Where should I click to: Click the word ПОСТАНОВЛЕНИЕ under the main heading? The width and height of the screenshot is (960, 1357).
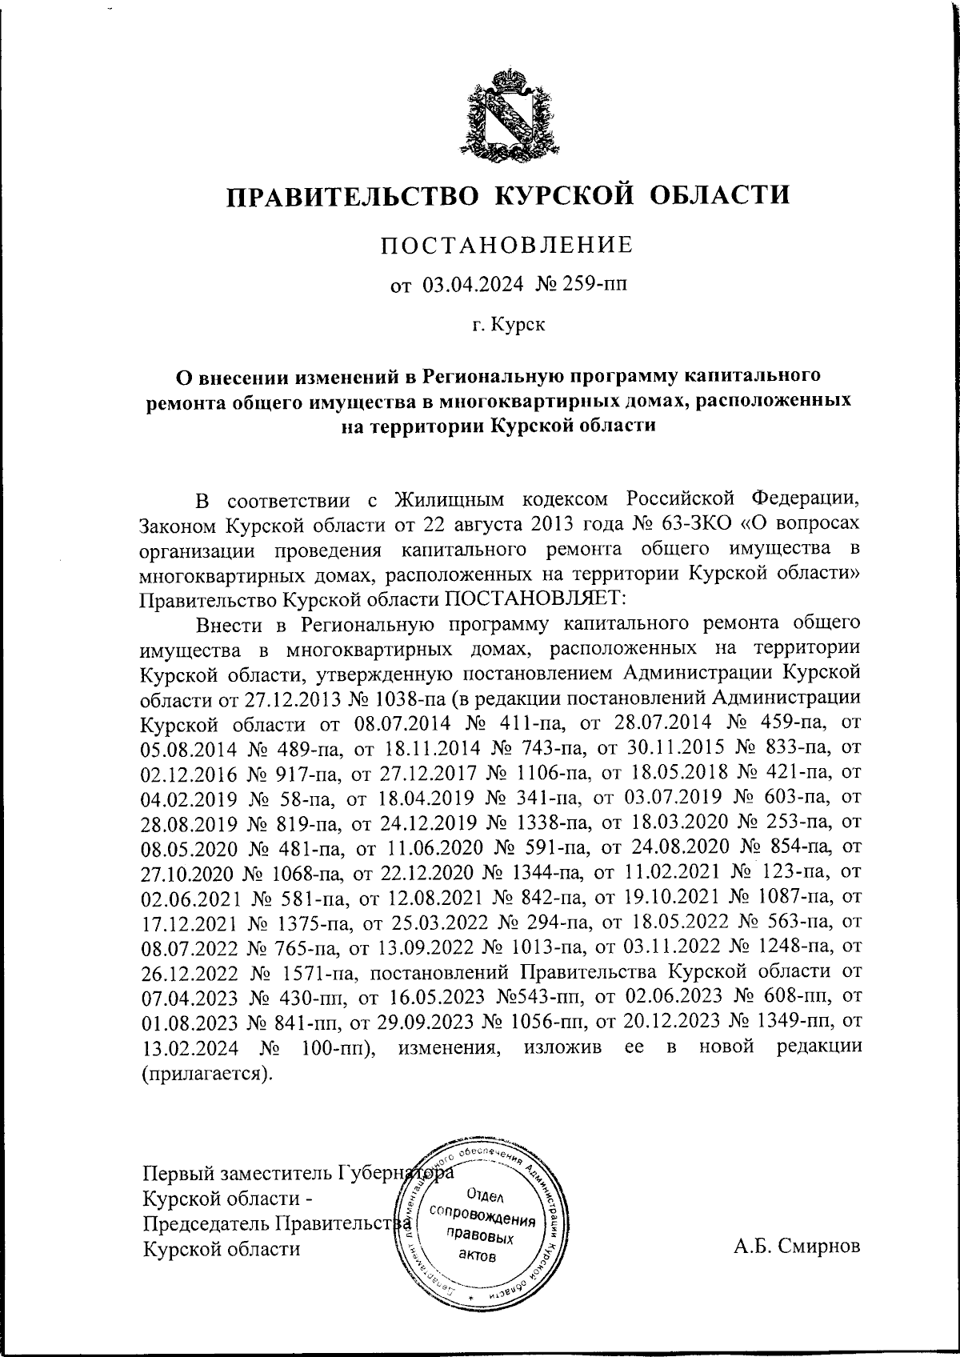pyautogui.click(x=507, y=245)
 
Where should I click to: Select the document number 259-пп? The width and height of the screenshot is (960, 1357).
pyautogui.click(x=588, y=284)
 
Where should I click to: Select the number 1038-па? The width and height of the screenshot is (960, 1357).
pyautogui.click(x=400, y=699)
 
